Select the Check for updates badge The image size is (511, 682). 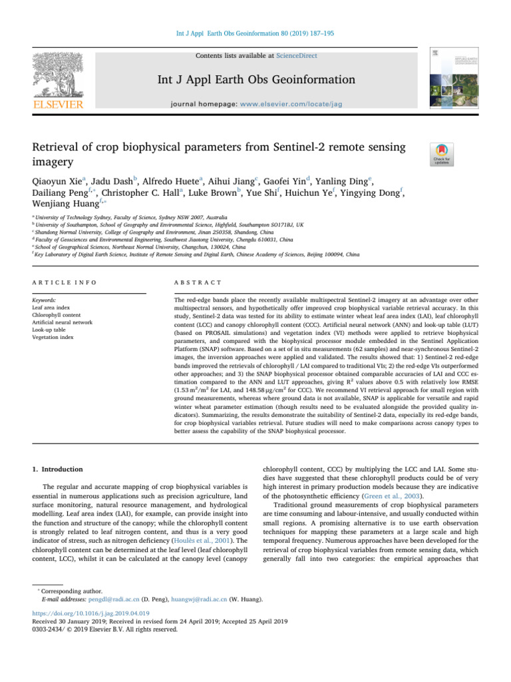[x=443, y=155]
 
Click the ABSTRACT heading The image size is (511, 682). [x=190, y=282]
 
